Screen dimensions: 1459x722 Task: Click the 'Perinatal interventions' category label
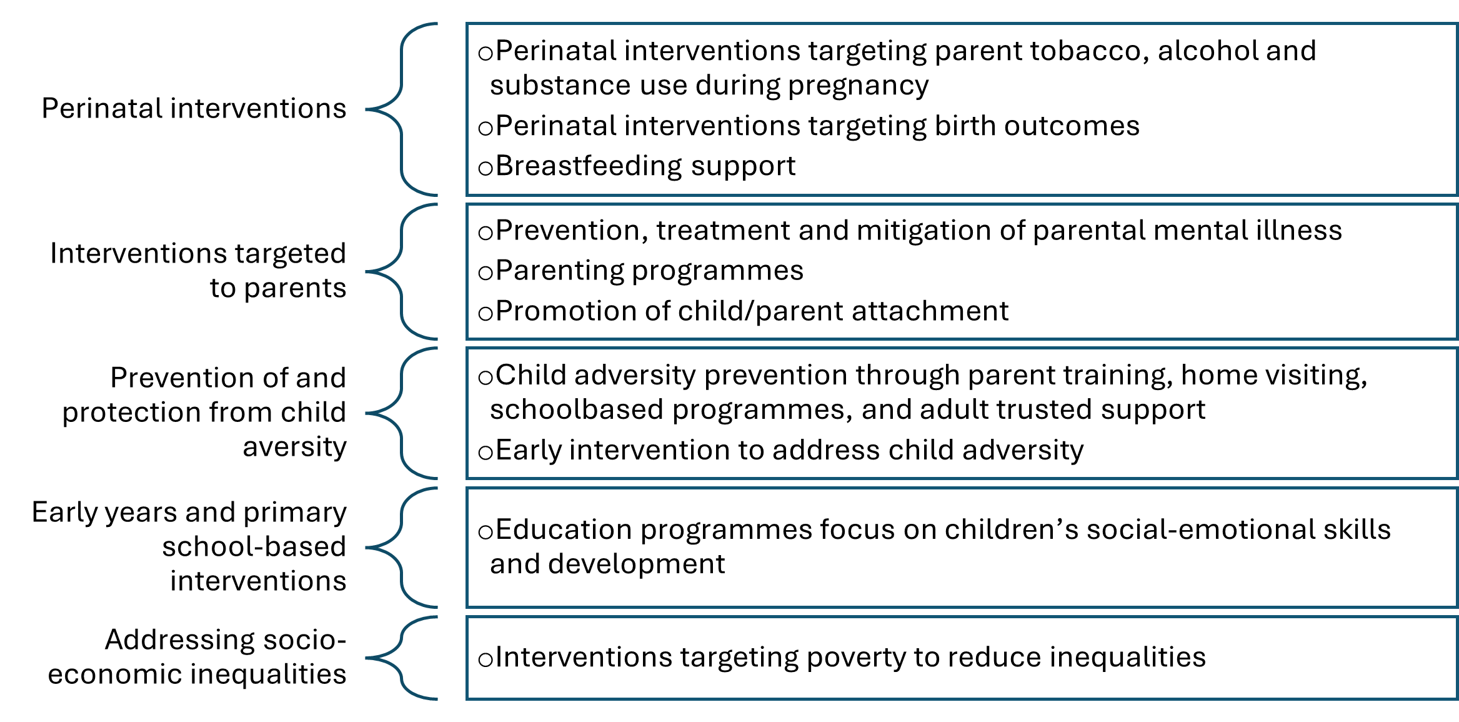point(194,109)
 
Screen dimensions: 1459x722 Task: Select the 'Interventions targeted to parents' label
point(198,271)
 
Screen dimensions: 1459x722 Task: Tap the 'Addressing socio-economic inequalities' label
point(197,657)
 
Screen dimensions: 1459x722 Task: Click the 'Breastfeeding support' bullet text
point(645,166)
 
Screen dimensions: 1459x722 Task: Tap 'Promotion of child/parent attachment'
point(752,311)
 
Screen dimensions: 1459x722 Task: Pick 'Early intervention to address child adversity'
point(789,451)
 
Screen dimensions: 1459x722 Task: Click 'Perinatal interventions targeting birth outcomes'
point(817,126)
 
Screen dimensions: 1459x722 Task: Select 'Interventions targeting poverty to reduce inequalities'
point(850,658)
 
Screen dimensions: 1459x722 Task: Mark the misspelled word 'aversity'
point(295,448)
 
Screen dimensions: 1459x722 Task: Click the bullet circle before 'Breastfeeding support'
point(486,168)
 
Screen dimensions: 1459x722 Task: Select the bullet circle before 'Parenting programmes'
point(486,273)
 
